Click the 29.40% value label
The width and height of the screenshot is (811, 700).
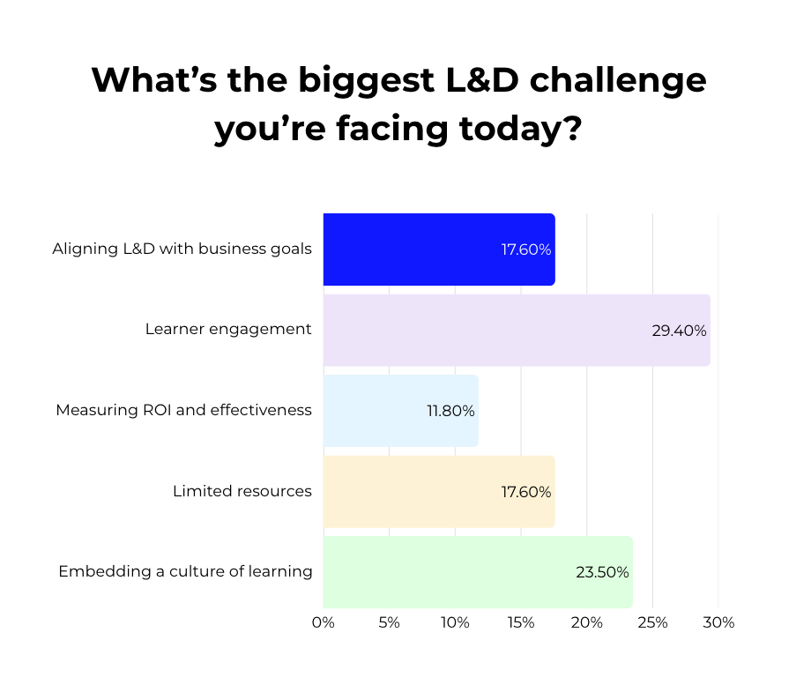coord(679,331)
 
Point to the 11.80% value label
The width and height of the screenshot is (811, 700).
coord(450,411)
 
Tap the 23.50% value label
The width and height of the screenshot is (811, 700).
coord(602,572)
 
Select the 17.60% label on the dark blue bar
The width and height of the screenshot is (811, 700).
coord(526,249)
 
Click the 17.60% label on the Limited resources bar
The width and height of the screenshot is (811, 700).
coord(526,492)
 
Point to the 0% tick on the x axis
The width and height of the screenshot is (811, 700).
coord(324,622)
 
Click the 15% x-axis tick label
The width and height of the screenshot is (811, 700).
coord(521,622)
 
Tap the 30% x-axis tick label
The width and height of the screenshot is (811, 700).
coord(719,622)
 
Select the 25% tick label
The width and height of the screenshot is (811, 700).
coord(653,622)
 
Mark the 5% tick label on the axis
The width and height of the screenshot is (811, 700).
coord(389,622)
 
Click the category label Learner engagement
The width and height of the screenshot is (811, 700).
coord(228,329)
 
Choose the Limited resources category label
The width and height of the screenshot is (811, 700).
coord(242,491)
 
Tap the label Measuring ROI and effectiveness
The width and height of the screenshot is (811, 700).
coord(183,410)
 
